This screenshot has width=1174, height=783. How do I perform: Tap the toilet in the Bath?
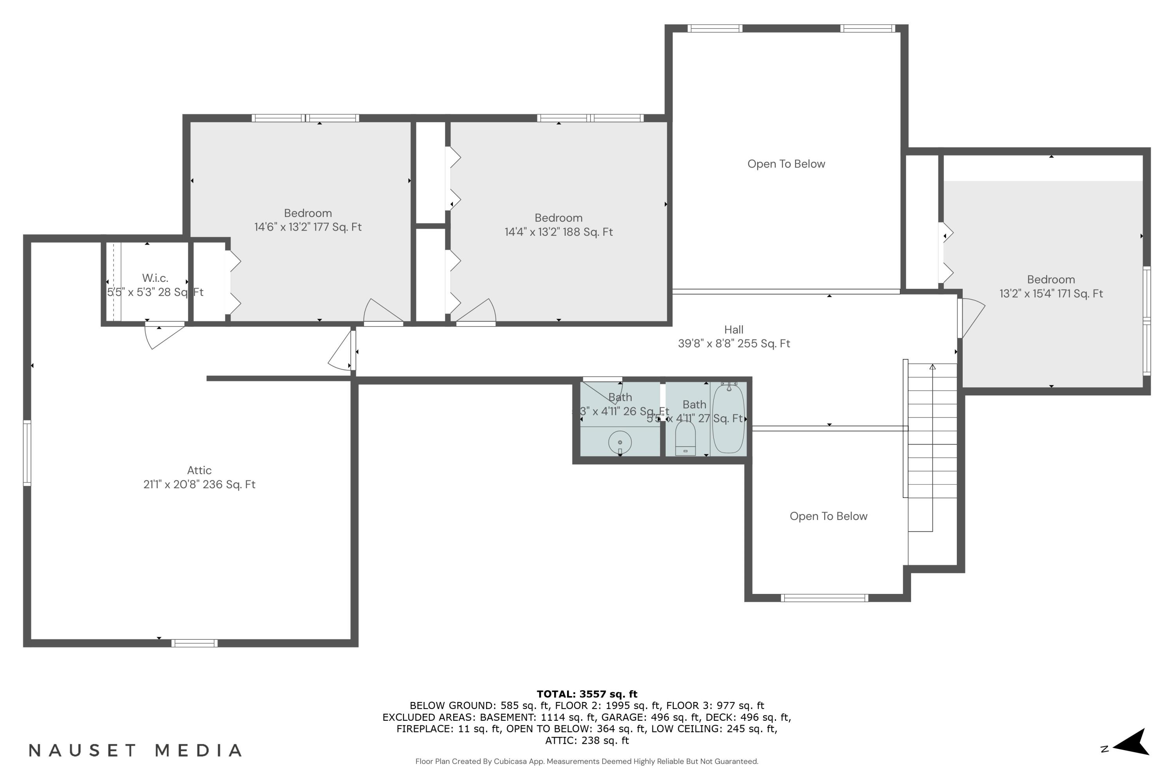(685, 438)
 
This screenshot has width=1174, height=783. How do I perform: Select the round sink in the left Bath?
(620, 442)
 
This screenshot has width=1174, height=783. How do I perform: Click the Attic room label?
(199, 471)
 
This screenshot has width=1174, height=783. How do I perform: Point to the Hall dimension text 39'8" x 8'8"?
(734, 344)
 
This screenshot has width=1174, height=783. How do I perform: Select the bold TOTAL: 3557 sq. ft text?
(587, 694)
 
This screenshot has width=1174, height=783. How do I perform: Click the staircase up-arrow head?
(933, 367)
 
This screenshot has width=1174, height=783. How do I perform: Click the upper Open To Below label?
(786, 164)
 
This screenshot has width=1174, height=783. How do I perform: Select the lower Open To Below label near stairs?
(828, 516)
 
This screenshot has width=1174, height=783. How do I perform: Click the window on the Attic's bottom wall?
(194, 643)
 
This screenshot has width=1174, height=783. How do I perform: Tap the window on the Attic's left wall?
(27, 453)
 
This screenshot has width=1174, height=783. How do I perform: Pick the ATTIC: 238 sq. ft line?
(587, 741)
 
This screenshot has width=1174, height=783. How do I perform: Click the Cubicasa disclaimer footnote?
(587, 761)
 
